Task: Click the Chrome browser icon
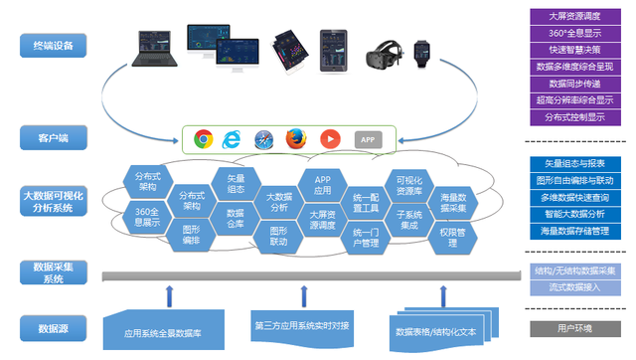coord(204,139)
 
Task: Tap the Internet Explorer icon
coord(234,139)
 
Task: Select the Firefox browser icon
coord(295,139)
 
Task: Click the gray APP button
coord(368,140)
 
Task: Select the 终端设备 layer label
coord(53,45)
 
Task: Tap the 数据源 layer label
coord(53,327)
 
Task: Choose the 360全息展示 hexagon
coord(147,217)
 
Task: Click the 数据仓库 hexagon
coord(236,219)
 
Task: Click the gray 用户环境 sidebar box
coord(574,328)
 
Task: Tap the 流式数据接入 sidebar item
coord(574,287)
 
